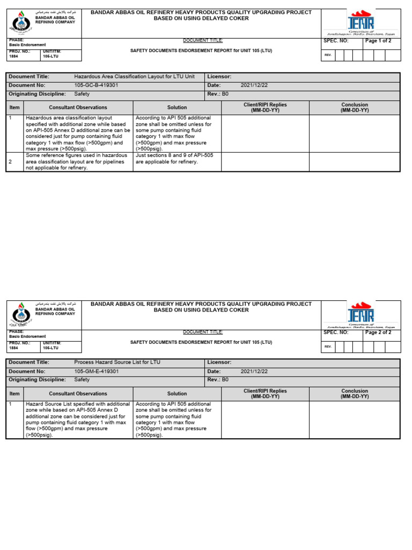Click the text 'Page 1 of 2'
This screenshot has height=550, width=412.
click(x=378, y=41)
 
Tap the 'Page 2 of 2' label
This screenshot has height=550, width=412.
click(x=378, y=332)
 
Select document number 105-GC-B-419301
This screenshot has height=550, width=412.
click(x=96, y=85)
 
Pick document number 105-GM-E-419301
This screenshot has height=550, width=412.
click(x=96, y=371)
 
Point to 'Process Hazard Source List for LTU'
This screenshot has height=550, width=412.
click(x=117, y=363)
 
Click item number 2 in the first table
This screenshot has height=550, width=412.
click(x=11, y=161)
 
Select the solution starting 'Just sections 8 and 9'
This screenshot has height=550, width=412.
click(x=174, y=158)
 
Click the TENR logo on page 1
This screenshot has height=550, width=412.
click(x=360, y=22)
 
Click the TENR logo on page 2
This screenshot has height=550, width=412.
click(x=360, y=314)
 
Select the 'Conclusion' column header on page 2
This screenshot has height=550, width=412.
click(x=355, y=394)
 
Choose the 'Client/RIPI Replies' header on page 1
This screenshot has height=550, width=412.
click(x=265, y=107)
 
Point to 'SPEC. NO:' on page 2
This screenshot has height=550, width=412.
click(x=336, y=332)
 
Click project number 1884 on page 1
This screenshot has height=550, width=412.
click(x=14, y=56)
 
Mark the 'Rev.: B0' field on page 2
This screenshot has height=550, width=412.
click(x=218, y=380)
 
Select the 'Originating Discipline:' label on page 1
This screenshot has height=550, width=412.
click(x=36, y=94)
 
